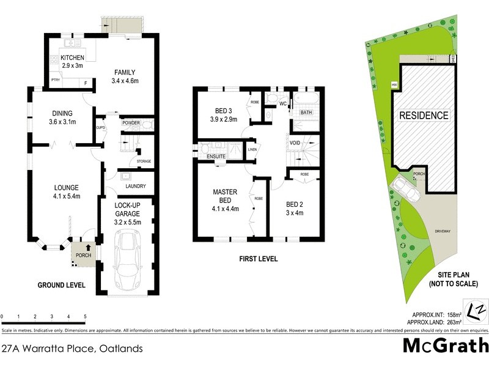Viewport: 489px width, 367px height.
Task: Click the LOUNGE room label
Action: coord(67,187)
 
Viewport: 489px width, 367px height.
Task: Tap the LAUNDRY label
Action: coord(134,186)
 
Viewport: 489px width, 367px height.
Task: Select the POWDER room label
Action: coord(131,122)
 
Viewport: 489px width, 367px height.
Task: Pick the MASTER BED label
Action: coord(224,196)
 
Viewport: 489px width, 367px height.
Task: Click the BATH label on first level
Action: coord(306,113)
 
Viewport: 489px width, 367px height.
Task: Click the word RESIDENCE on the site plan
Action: coord(424,115)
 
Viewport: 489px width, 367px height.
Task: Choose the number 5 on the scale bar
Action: coord(85,317)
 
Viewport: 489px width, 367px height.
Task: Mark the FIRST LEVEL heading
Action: coord(257,259)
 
